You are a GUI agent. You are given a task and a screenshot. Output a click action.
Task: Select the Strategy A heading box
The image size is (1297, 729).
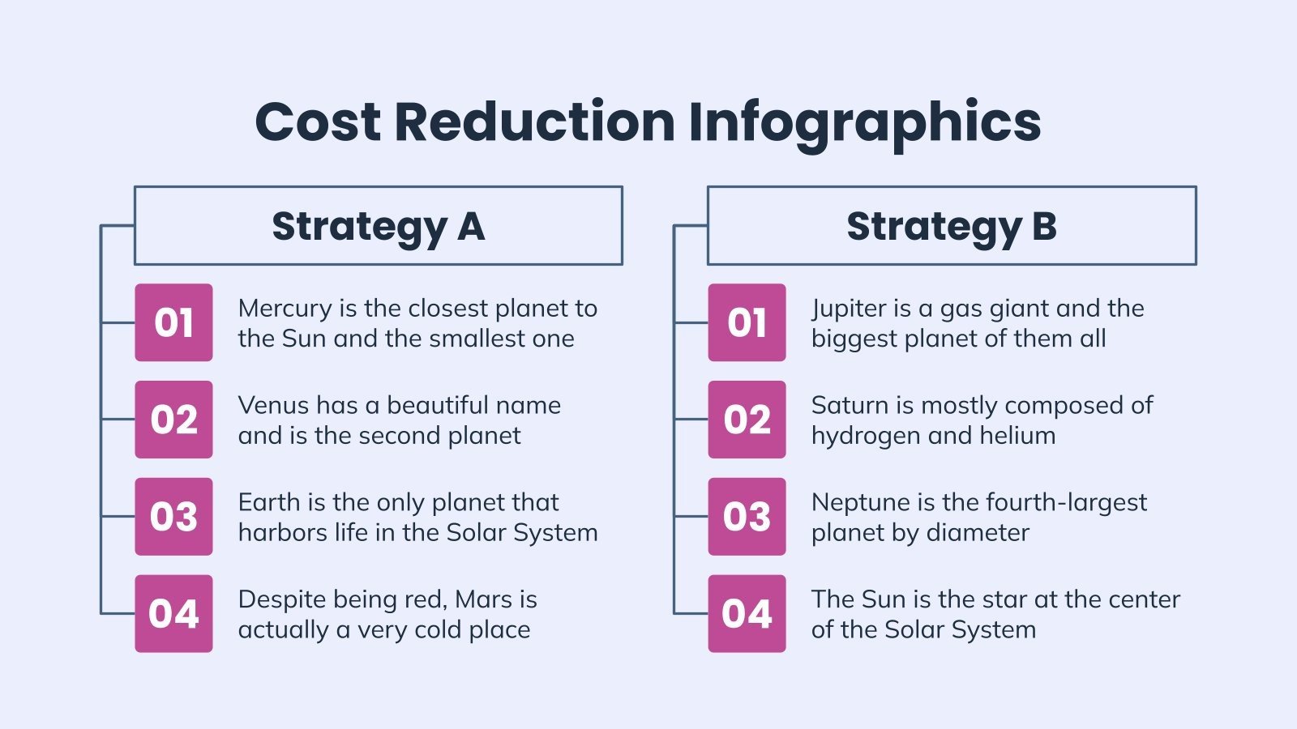378,226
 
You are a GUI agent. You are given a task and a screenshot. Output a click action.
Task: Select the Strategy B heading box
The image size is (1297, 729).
952,226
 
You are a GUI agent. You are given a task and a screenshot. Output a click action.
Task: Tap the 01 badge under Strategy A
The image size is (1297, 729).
173,322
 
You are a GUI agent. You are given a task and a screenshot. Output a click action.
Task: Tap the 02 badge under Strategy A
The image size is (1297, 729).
173,420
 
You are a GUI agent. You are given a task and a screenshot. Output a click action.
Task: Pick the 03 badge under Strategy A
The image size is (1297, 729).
173,517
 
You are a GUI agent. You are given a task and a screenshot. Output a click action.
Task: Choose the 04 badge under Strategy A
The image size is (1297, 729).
173,614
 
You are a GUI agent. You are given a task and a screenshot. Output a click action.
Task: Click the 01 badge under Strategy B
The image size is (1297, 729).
747,322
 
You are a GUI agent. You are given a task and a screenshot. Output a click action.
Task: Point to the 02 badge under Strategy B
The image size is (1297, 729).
747,420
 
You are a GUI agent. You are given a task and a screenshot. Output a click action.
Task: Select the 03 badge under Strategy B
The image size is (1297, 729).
747,517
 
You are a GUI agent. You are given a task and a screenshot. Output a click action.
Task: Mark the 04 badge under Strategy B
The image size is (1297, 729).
747,614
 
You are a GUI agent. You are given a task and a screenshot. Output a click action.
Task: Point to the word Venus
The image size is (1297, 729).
264,405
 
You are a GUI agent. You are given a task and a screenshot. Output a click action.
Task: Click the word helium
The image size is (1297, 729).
1017,436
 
